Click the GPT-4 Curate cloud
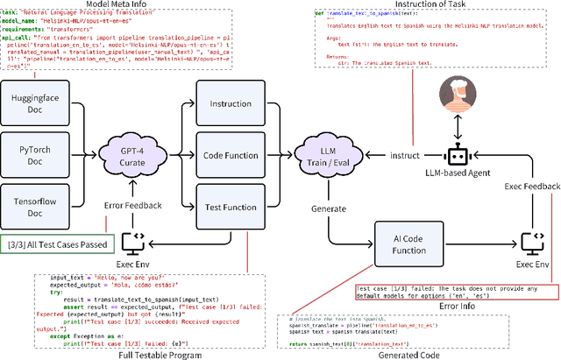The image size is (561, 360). [x=141, y=155]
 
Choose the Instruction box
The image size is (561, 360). [x=231, y=103]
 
